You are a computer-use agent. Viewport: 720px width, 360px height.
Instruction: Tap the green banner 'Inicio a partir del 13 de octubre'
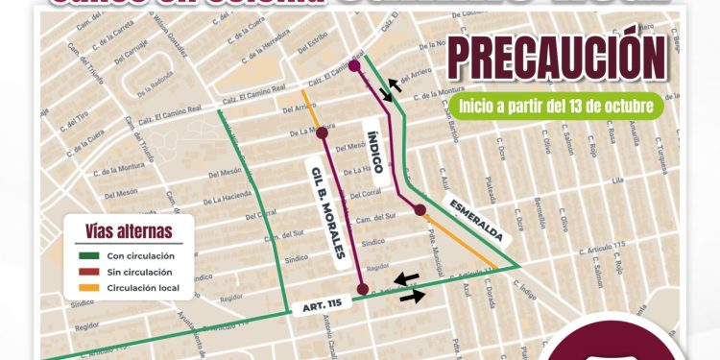561,104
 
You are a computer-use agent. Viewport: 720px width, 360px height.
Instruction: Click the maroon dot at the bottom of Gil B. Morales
363,288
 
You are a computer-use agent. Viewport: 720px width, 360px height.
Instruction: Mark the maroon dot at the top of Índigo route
354,66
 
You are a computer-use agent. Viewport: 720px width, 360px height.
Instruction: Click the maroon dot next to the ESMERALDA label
420,209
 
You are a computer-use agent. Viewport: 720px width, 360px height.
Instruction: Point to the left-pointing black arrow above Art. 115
408,278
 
